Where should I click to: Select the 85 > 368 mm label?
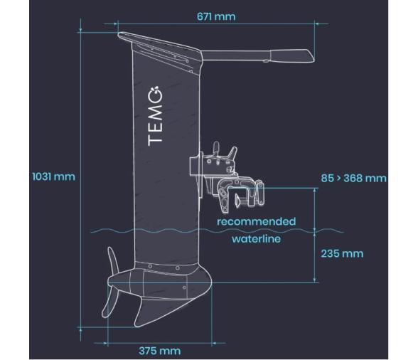tap(353, 178)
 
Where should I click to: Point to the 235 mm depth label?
tap(342, 254)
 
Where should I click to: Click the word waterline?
tap(256, 239)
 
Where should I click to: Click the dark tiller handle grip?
tap(292, 55)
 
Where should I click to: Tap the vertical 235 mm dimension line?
tap(316, 256)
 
